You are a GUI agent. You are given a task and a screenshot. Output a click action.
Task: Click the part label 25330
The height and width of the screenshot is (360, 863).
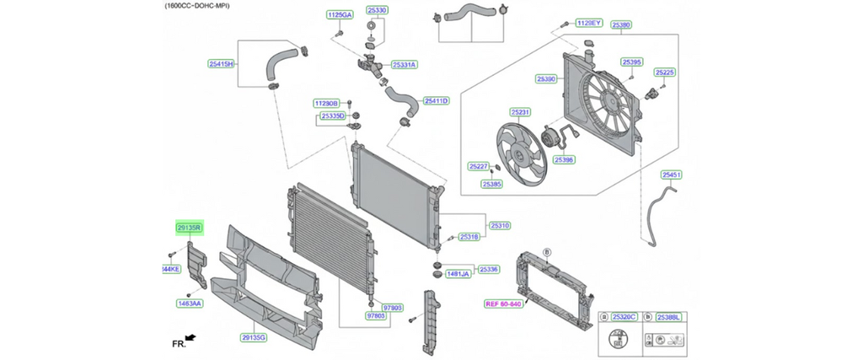pyautogui.click(x=377, y=11)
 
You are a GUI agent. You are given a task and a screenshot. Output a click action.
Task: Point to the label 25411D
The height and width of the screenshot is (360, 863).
pyautogui.click(x=437, y=101)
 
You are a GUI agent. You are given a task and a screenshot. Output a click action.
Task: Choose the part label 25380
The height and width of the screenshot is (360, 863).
pyautogui.click(x=622, y=25)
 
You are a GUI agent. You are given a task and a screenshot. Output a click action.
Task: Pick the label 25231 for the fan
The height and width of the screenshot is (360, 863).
pyautogui.click(x=520, y=112)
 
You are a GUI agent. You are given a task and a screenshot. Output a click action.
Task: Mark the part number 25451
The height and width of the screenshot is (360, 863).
pyautogui.click(x=672, y=175)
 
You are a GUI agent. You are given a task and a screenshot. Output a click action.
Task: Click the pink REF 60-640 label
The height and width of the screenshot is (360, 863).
pyautogui.click(x=503, y=304)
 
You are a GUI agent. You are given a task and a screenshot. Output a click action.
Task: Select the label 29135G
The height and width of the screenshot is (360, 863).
pyautogui.click(x=254, y=337)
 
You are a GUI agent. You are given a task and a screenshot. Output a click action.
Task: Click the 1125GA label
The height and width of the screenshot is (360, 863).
pyautogui.click(x=340, y=15)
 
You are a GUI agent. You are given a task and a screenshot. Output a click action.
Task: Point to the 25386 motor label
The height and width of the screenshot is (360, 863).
pyautogui.click(x=564, y=159)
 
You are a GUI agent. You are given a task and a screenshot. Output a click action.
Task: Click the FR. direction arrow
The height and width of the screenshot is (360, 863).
pyautogui.click(x=190, y=338)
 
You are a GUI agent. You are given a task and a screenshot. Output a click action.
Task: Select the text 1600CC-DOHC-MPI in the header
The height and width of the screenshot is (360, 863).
pyautogui.click(x=197, y=6)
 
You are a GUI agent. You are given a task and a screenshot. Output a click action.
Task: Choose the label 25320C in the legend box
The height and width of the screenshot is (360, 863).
pyautogui.click(x=624, y=316)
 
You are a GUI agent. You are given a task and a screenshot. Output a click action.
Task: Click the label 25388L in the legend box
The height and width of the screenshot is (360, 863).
pyautogui.click(x=669, y=316)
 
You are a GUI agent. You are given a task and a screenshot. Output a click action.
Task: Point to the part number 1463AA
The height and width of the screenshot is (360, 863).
pyautogui.click(x=190, y=303)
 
